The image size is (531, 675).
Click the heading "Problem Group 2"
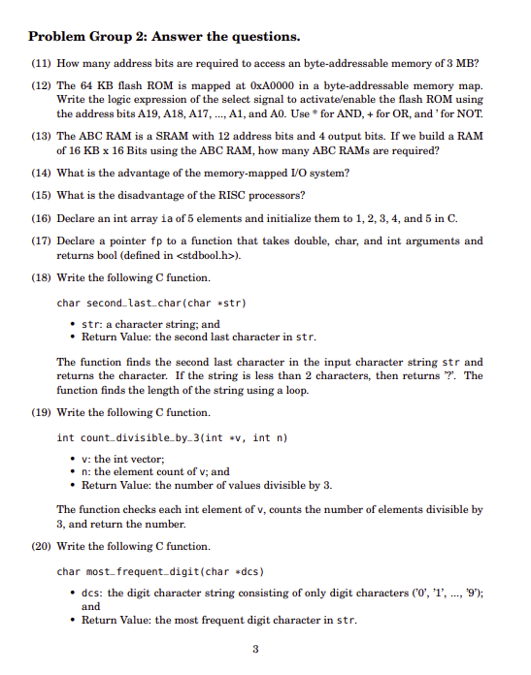point(164,37)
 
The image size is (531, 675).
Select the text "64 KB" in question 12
point(99,86)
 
